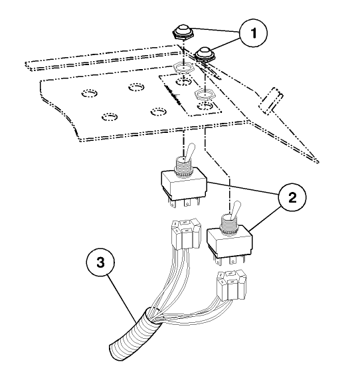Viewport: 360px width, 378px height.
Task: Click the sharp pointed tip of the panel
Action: [317, 161]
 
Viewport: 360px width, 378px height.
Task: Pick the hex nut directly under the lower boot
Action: [205, 94]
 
